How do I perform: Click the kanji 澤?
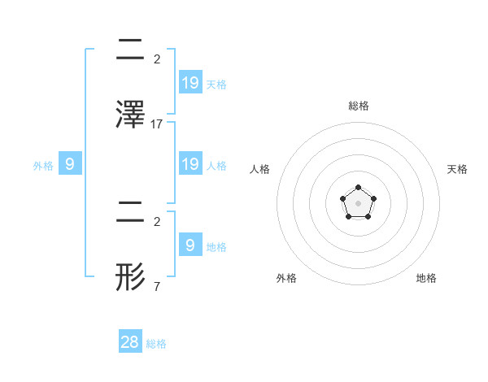pos(132,114)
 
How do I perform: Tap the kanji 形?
pos(132,276)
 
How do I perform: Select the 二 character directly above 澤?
pos(132,49)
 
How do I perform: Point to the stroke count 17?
pos(158,124)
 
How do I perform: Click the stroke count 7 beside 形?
pos(156,287)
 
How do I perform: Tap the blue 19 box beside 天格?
pos(190,82)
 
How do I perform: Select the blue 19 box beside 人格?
pos(190,164)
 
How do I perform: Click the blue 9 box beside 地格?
pos(190,245)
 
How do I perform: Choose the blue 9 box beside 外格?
pos(70,164)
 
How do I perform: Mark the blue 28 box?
pos(130,342)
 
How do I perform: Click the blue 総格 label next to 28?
pos(156,344)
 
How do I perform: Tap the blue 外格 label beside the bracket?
pos(43,166)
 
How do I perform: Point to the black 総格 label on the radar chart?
pos(358,106)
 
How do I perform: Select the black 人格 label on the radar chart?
pos(260,169)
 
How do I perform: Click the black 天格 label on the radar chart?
pos(457,169)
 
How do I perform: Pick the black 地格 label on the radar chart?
pos(426,279)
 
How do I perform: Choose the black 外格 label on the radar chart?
pos(286,279)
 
